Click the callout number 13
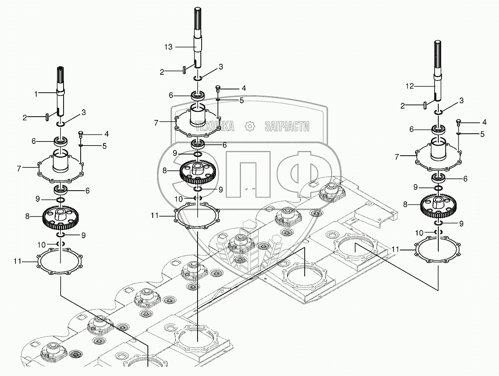tap(169, 47)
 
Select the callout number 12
tap(410, 86)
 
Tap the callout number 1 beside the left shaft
tap(36, 94)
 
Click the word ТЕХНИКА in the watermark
tap(215, 126)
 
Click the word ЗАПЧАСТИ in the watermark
tap(287, 126)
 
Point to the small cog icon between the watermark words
tap(250, 126)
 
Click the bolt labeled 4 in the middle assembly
tap(218, 89)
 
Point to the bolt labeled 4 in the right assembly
tap(458, 122)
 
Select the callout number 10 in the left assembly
tap(42, 245)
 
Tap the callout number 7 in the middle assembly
tap(156, 123)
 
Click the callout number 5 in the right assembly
tap(482, 134)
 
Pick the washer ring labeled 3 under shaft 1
tap(61, 124)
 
